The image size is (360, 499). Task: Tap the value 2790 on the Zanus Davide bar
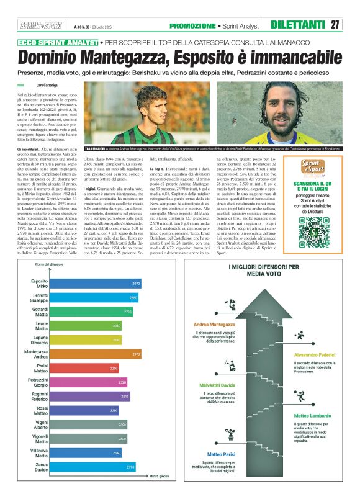pyautogui.click(x=130, y=466)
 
